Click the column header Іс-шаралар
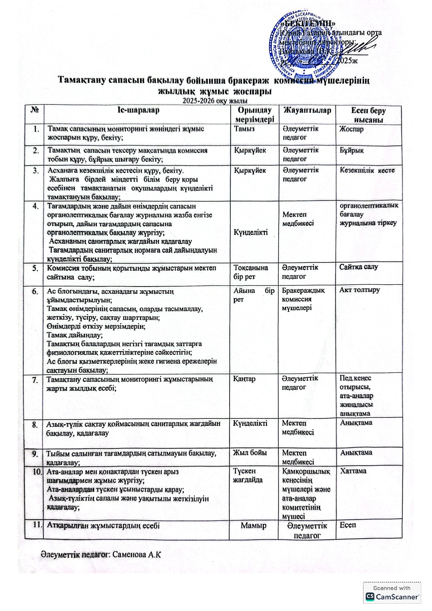tap(138, 110)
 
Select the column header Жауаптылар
tap(307, 111)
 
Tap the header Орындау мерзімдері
tap(254, 115)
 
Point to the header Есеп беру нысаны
tap(368, 115)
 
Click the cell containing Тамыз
tap(244, 128)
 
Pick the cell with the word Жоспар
tap(352, 129)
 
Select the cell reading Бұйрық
tap(352, 150)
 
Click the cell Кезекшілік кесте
tap(367, 171)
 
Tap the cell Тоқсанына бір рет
tap(250, 272)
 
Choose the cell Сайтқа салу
tap(358, 267)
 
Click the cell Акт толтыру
tap(360, 290)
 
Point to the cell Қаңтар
tap(244, 379)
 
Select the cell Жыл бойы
tap(250, 453)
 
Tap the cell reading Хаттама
tap(353, 471)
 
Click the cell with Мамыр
tap(254, 526)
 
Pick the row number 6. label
tap(35, 291)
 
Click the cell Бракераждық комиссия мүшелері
tap(303, 299)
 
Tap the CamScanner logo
tap(392, 597)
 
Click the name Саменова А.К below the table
tap(137, 554)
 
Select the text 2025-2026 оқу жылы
tap(215, 101)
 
